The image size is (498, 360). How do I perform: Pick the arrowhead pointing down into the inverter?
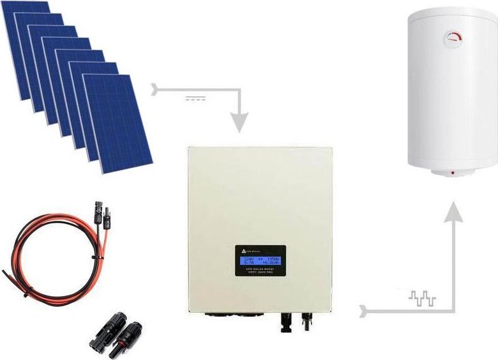click(x=239, y=122)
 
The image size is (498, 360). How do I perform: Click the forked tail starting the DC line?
click(x=153, y=89)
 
